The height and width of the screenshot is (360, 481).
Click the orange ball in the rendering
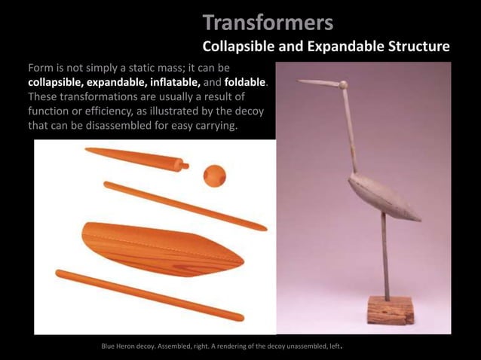click(x=214, y=175)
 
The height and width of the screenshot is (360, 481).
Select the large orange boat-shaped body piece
click(x=162, y=248)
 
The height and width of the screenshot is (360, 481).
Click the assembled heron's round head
click(x=343, y=84)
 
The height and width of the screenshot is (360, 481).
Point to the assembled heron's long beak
click(x=317, y=82)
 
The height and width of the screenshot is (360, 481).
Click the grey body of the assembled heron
click(x=381, y=195)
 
